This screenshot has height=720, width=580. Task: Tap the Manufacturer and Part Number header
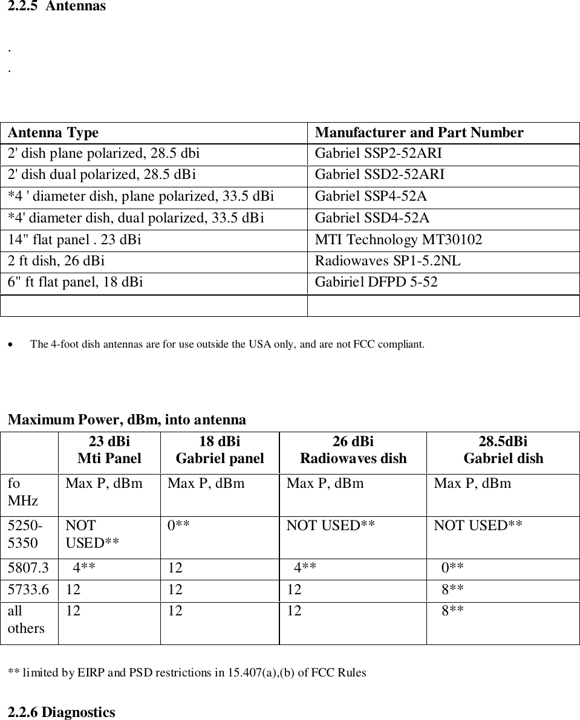click(419, 132)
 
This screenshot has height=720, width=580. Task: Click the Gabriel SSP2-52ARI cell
click(382, 154)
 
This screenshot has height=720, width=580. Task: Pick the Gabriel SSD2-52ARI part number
click(380, 175)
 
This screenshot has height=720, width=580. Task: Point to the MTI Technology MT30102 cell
click(399, 240)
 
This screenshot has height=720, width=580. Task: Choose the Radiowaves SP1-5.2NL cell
click(388, 261)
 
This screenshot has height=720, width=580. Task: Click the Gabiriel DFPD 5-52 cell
click(376, 282)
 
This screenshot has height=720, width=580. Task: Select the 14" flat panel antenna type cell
click(75, 240)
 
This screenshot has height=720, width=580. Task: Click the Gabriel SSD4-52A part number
click(373, 218)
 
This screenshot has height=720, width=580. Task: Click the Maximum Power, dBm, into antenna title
click(127, 420)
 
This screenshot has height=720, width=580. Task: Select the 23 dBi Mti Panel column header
click(109, 450)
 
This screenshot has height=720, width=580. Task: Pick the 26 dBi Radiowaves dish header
click(353, 450)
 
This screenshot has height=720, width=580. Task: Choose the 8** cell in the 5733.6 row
click(452, 590)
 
